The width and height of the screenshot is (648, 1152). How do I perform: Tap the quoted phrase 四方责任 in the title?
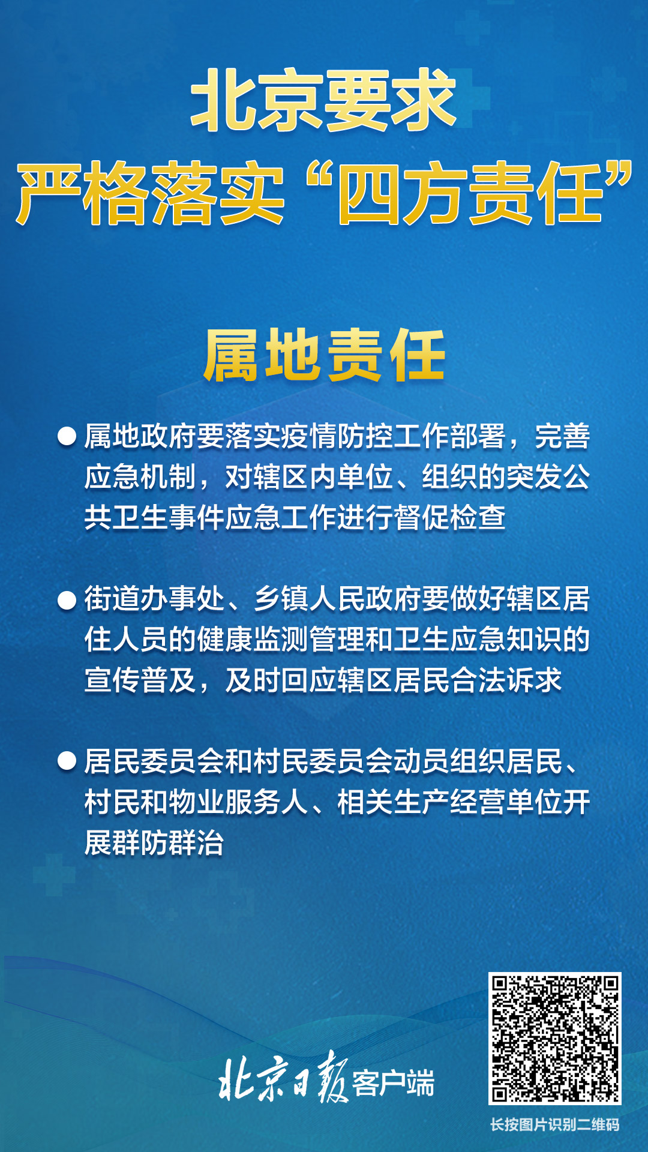470,193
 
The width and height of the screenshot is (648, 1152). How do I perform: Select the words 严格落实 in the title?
150,193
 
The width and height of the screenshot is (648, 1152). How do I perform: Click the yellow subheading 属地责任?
325,355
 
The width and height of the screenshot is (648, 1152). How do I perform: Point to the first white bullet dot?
67,436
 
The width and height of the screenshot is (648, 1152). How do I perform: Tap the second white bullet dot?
67,599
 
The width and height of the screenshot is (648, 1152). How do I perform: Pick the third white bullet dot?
67,761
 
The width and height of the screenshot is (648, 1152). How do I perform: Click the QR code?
555,1039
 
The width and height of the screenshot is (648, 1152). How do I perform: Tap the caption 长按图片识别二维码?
555,1124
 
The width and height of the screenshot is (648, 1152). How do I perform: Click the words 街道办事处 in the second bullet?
154,599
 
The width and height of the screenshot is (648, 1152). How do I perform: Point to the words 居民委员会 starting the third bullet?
154,761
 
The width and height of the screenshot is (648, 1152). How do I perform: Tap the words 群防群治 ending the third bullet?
154,843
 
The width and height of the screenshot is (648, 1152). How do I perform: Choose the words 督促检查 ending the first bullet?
450,517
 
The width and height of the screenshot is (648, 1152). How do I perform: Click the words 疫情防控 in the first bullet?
308,436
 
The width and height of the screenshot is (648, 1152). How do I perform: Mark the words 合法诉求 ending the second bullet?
506,680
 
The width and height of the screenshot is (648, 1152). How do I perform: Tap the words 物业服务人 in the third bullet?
239,802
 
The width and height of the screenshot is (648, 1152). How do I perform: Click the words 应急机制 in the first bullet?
140,477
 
